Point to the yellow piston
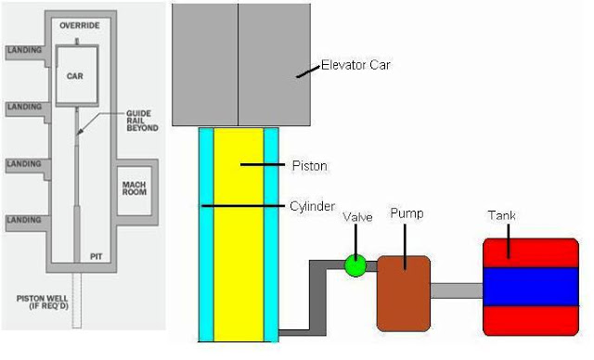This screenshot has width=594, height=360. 239,232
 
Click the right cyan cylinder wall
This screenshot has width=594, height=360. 271,232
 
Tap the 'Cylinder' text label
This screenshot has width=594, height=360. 313,206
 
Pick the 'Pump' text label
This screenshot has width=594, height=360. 406,213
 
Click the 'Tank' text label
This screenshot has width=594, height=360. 501,215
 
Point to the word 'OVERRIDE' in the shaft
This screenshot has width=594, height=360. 79,26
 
